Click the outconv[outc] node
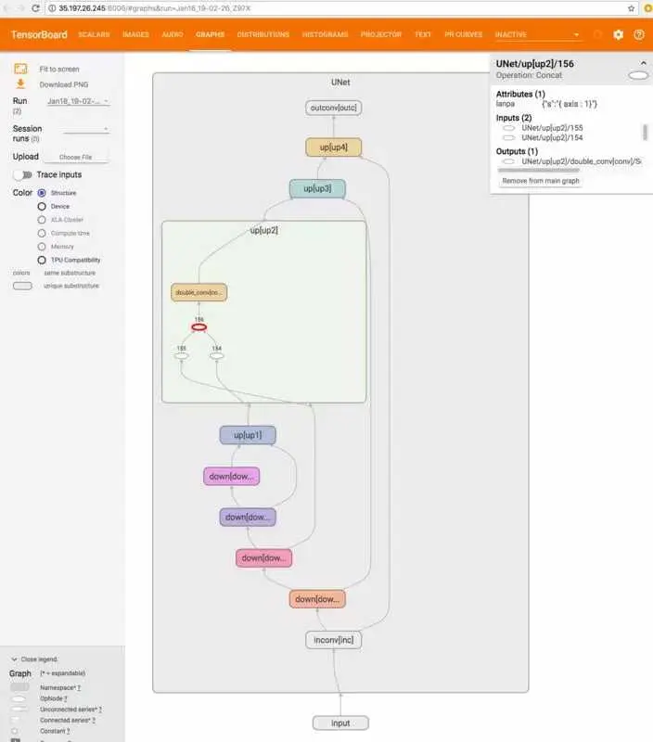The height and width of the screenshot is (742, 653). point(333,108)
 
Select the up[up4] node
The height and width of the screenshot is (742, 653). point(333,147)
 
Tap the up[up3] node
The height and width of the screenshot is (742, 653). point(317,189)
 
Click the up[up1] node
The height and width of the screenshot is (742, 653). point(248,434)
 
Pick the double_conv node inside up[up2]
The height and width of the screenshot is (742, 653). point(198,292)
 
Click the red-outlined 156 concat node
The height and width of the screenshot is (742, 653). point(198,326)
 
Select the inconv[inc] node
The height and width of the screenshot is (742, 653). point(334,640)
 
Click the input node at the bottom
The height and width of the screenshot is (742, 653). point(339,723)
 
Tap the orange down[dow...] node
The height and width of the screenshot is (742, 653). point(317,599)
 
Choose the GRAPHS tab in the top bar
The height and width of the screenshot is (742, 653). point(209,34)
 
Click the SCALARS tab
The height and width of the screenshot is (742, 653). point(94,34)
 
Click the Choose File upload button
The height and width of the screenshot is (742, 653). point(75,157)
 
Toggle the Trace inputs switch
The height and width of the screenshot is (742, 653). point(22,174)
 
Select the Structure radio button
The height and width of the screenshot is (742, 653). point(42,193)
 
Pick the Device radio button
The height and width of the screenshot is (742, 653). point(42,206)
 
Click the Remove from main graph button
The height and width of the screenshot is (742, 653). point(541,181)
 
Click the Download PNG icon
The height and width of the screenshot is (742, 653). point(20,83)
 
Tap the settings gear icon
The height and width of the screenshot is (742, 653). point(619,34)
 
